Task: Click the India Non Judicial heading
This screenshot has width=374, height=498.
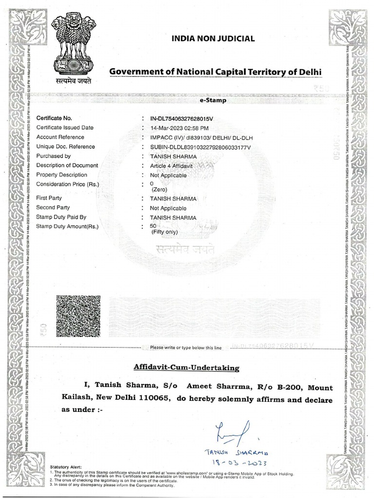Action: coord(212,38)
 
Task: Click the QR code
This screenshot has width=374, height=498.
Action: coord(78,316)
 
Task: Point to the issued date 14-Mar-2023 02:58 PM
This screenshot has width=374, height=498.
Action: coord(179,128)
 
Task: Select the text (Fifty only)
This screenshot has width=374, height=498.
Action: coord(165,232)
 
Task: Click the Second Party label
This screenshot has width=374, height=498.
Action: coord(53,207)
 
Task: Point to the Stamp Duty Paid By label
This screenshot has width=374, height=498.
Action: coord(61,217)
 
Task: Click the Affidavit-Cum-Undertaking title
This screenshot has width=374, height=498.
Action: coord(187,368)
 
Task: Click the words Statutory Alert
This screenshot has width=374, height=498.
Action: coord(66,467)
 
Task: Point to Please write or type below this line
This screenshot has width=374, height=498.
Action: coord(186,348)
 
